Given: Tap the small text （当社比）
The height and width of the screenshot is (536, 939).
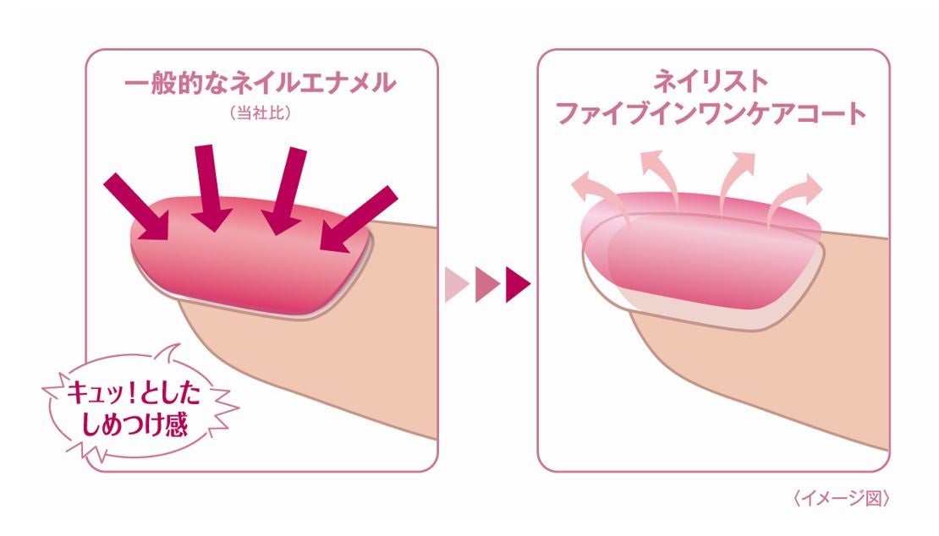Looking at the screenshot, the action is [260, 113].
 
